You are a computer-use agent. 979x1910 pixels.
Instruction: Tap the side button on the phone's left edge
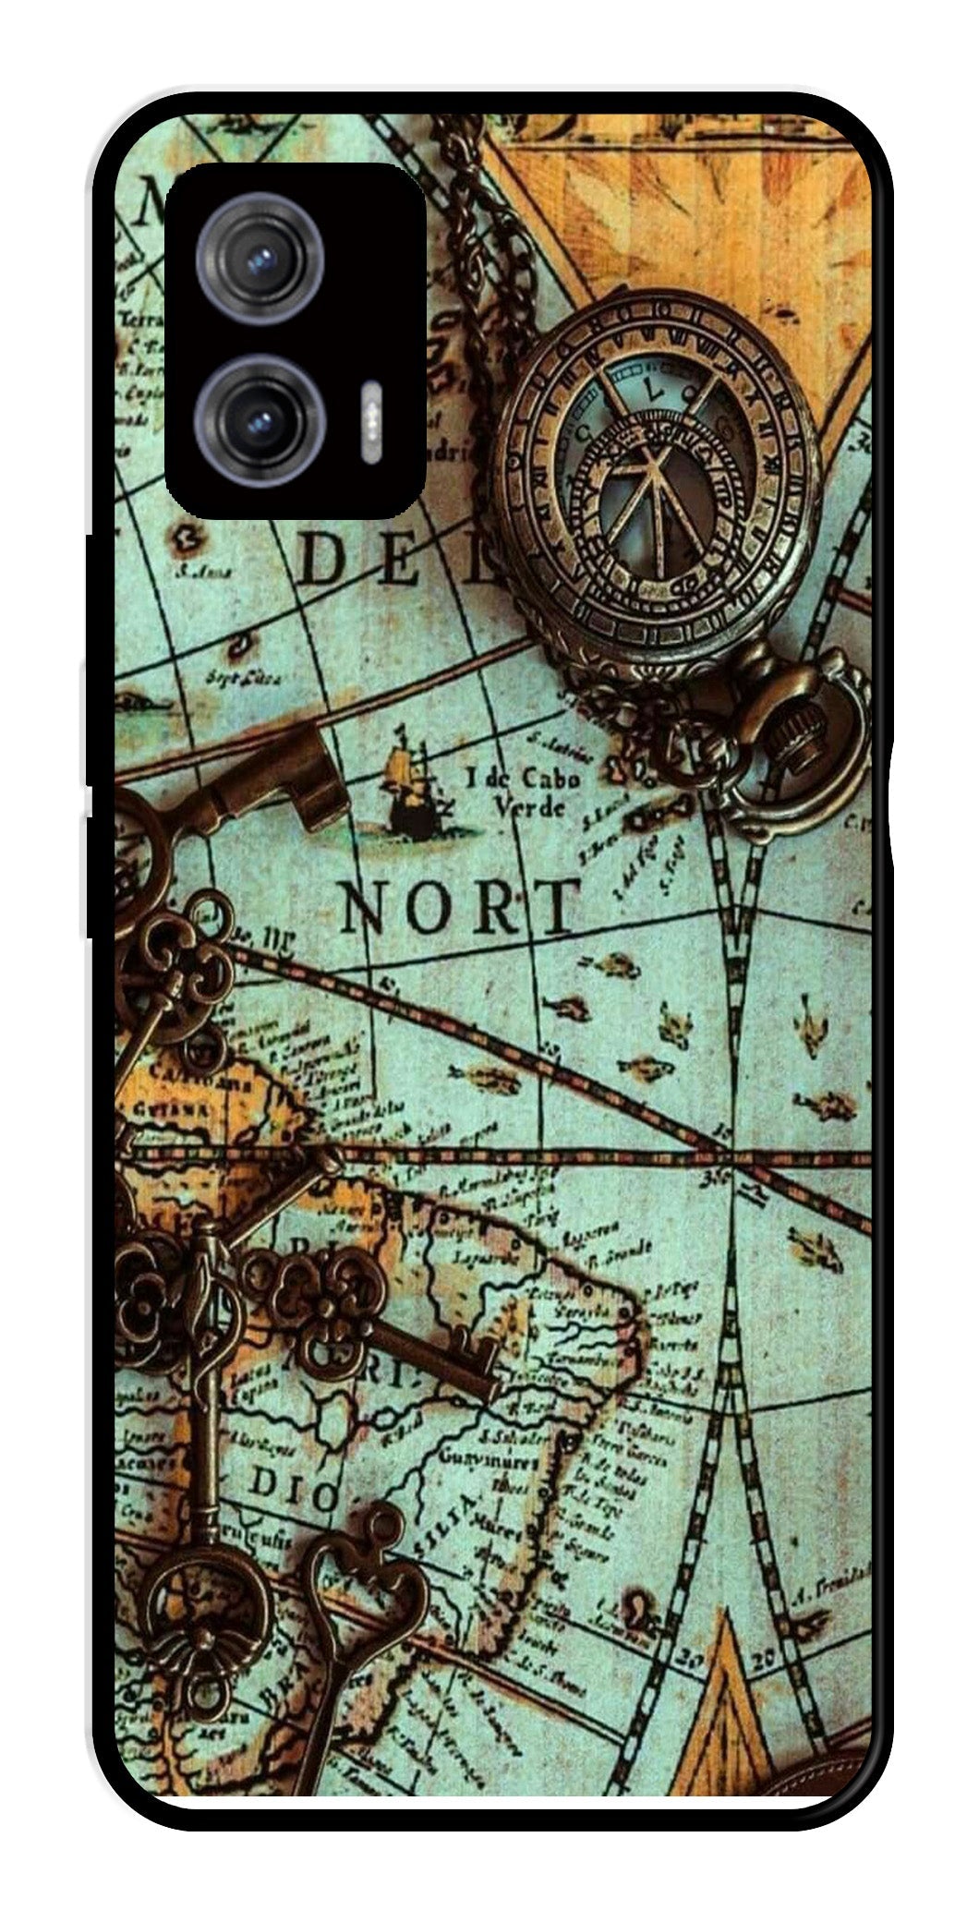click(x=93, y=877)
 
